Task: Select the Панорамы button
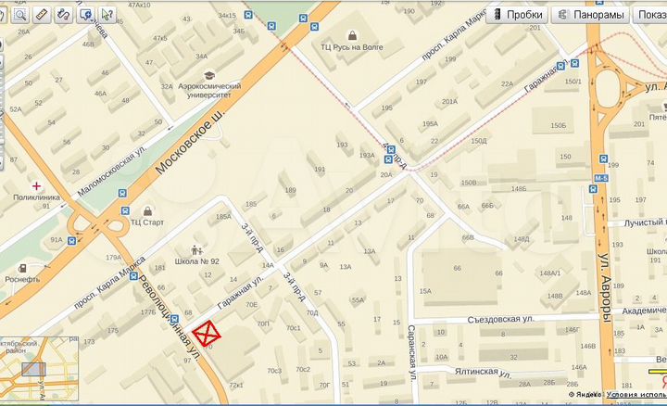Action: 589,15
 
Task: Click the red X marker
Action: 208,335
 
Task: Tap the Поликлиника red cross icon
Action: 37,185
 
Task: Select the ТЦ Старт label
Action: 146,222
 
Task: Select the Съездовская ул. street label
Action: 503,318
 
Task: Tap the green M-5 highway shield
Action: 601,177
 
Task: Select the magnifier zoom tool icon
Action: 19,15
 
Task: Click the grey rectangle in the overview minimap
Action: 33,370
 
